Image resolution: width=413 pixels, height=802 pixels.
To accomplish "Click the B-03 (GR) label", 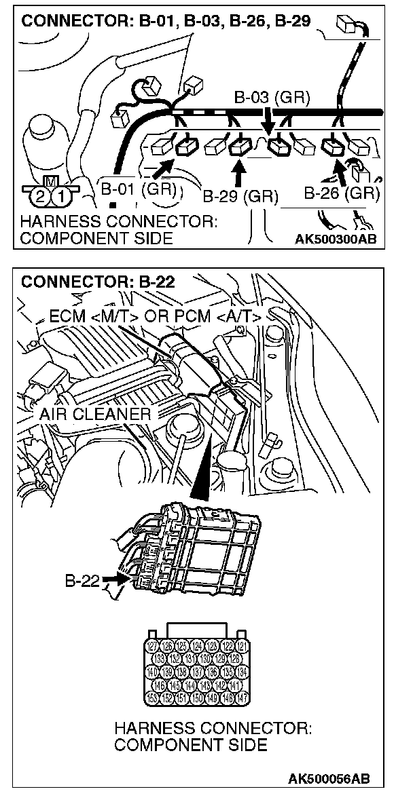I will (x=272, y=97).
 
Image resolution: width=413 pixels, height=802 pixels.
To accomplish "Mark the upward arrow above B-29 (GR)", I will (x=238, y=175).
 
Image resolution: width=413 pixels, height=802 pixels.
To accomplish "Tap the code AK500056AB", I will (x=329, y=778).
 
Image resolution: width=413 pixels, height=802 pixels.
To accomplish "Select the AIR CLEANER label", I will (x=95, y=413).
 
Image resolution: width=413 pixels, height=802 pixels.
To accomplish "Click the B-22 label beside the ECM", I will (x=82, y=581).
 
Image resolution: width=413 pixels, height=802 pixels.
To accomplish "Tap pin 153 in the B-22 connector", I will (x=153, y=697).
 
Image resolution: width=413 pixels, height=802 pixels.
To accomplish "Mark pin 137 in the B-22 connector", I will (x=199, y=671).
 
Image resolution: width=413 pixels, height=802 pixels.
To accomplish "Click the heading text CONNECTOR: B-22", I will (x=98, y=282).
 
